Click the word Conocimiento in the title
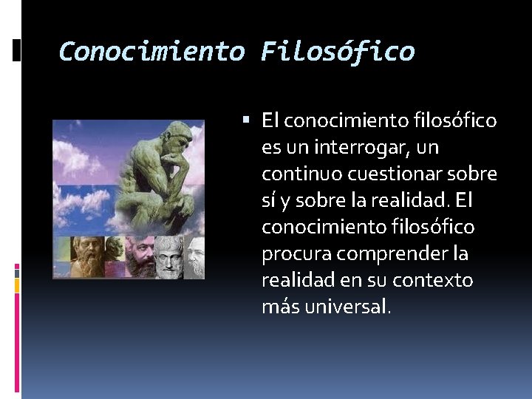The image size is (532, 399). tap(151, 52)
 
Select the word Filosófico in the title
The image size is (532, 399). tap(338, 52)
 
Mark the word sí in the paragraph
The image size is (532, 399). tap(270, 200)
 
